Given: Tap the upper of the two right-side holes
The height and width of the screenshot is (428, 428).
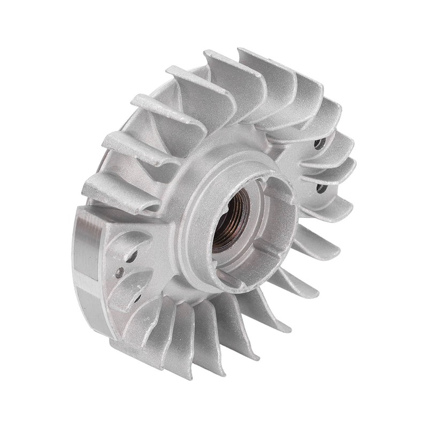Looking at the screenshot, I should pos(319,143).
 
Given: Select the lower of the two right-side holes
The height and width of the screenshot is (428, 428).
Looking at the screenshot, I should pos(322,188).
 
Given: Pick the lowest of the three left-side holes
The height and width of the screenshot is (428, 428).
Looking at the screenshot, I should pos(137,296).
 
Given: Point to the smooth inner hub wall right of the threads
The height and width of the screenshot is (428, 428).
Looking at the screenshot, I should pos(267,214).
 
